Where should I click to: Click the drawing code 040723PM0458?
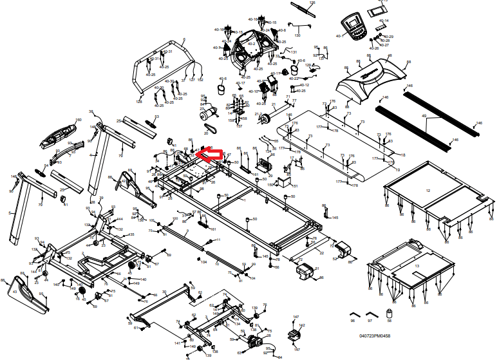(x=375, y=336)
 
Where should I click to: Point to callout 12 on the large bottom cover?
(x=428, y=191)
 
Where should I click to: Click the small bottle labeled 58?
(x=389, y=314)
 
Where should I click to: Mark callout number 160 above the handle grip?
(x=79, y=120)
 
